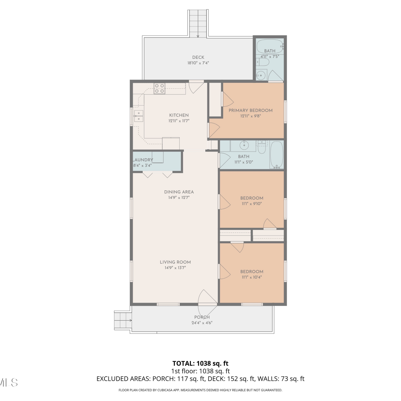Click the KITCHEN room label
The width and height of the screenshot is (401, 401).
(179, 115)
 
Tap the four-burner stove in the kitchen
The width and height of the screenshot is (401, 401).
(159, 88)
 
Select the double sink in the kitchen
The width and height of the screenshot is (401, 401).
(138, 116)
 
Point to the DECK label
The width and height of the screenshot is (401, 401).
(198, 57)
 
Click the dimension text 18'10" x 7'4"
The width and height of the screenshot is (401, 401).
(198, 63)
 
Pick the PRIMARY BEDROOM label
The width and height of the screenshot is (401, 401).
(250, 110)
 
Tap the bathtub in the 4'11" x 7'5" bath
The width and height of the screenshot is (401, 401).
(270, 47)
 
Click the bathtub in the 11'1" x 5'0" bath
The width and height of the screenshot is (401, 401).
(277, 155)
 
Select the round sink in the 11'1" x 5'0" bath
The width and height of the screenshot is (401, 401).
(244, 146)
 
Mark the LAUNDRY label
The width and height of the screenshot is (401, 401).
(143, 160)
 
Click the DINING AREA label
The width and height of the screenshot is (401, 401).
(179, 192)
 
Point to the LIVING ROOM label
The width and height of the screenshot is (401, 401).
(175, 262)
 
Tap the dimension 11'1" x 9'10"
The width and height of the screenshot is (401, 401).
(252, 204)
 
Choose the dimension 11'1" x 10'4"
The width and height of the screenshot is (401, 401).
(252, 277)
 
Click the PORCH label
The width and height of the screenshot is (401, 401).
(202, 317)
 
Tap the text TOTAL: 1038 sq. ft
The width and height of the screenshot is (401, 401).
(200, 363)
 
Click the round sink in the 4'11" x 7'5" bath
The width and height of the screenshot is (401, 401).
(260, 75)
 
